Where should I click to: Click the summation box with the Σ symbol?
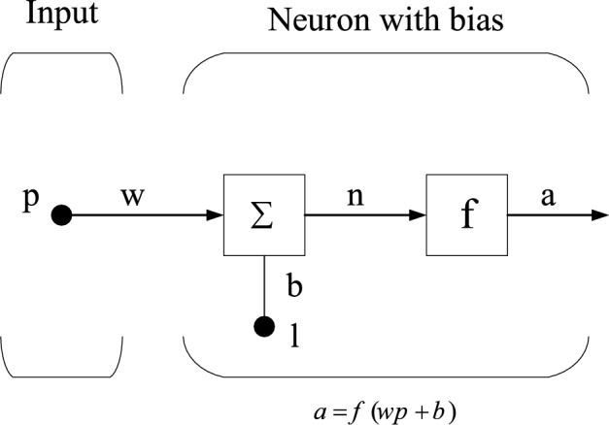[x=262, y=215]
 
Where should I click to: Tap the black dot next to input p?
[x=61, y=215]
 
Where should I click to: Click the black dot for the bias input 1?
[x=262, y=326]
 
